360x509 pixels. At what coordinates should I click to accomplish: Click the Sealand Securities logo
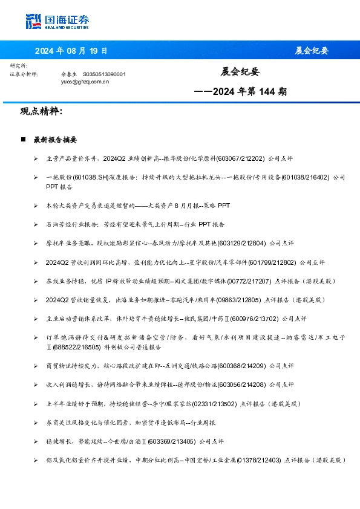57,22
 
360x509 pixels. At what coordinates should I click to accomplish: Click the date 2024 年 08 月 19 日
71,50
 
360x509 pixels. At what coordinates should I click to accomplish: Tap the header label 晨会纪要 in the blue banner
312,50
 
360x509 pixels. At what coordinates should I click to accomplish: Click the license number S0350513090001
104,74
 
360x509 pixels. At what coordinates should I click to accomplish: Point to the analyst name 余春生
69,74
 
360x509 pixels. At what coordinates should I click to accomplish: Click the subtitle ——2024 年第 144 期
240,92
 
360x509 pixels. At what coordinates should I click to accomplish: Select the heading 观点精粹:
41,111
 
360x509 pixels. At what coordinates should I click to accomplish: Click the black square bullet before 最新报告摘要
23,139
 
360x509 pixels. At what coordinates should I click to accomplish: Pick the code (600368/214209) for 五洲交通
241,366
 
